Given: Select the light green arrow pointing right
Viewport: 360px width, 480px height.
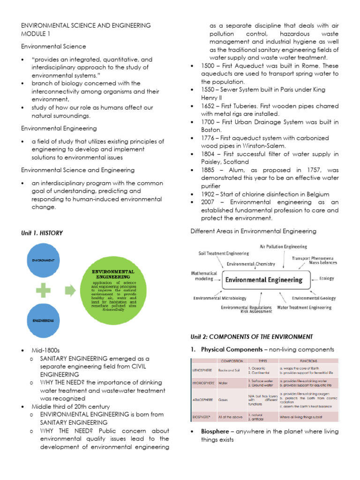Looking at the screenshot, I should pos(70,290).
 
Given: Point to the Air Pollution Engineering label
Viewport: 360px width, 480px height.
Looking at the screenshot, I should pos(284,247).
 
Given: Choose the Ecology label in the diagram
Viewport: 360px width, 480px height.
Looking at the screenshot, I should pos(327,278).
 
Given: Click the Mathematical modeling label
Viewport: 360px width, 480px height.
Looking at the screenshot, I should pos(204,275).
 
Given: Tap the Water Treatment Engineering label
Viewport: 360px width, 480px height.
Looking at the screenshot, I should pos(304,308).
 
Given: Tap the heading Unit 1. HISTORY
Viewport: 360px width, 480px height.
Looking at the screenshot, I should pos(42,233).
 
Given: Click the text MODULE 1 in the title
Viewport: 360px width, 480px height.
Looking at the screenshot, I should pos(36,34).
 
